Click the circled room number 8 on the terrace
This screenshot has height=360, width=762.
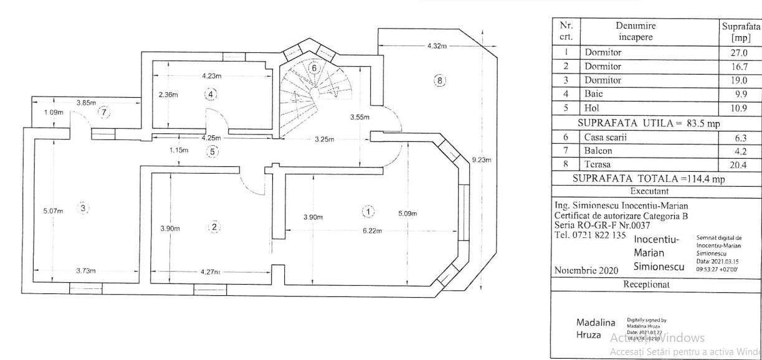pos(440,80)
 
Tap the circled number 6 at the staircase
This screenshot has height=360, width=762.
pos(315,67)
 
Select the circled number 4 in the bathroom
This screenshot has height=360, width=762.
pos(211,94)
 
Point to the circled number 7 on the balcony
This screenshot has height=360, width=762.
pos(104,113)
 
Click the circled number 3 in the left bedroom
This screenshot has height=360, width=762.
pos(83,208)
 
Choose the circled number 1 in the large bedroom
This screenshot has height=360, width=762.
pos(368,211)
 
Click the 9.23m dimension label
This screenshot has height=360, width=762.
pos(482,160)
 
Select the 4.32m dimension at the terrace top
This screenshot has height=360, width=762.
pos(437,46)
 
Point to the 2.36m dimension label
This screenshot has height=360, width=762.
pos(168,95)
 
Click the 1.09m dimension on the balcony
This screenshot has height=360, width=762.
pos(54,113)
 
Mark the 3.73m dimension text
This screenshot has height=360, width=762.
pos(86,271)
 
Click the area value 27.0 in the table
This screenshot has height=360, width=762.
pos(740,53)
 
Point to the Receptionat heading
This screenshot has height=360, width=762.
pos(649,284)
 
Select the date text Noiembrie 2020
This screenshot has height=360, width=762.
pos(586,270)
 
